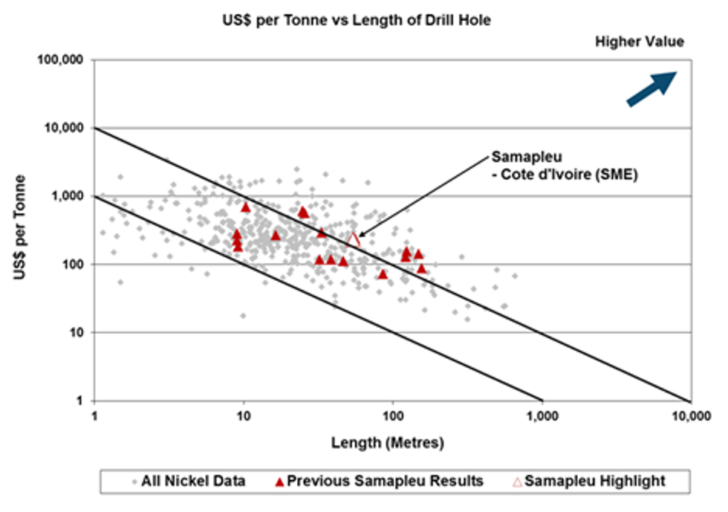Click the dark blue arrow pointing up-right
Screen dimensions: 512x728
tap(651, 88)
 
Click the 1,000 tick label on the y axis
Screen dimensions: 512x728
tap(68, 196)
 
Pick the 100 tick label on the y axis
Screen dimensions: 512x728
tap(74, 265)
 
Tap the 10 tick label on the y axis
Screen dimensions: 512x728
tap(77, 332)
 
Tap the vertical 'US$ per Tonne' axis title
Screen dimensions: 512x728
tap(24, 230)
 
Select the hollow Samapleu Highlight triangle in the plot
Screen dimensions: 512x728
tap(354, 239)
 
